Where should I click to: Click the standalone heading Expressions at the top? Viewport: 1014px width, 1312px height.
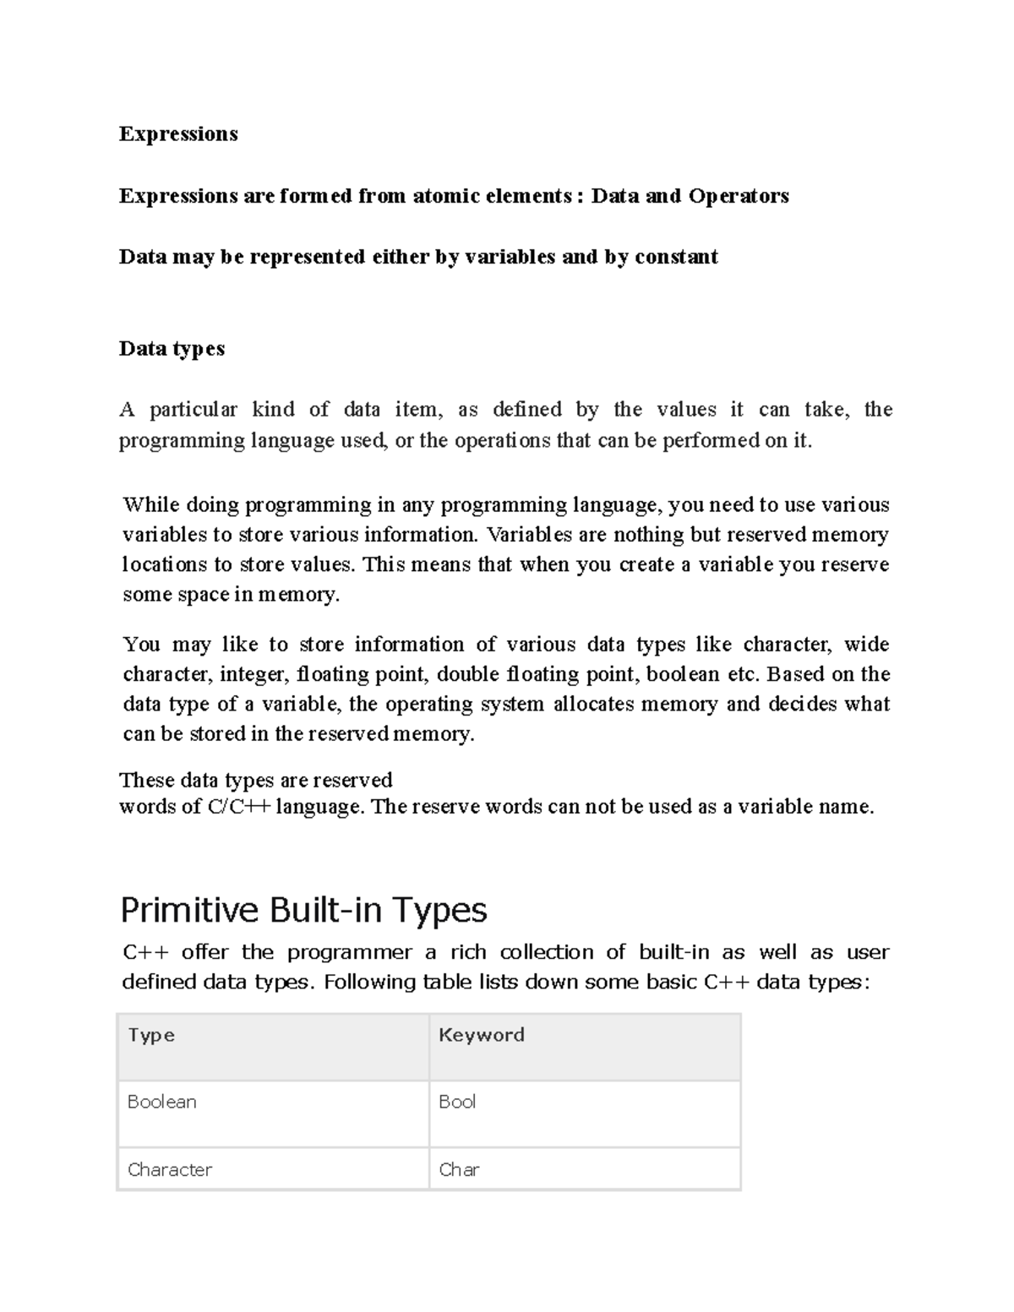178,134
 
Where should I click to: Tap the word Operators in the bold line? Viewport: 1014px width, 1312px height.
739,196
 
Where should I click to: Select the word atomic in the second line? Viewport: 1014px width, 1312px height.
445,196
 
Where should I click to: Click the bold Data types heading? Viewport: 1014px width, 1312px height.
172,349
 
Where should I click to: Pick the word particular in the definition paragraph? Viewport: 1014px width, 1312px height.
194,410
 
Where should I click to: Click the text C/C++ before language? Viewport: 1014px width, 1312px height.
239,807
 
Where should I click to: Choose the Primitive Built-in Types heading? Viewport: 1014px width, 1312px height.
303,911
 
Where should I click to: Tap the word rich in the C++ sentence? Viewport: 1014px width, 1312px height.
468,952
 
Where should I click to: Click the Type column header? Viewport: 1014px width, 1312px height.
151,1035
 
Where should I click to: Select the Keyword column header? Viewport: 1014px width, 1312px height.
482,1035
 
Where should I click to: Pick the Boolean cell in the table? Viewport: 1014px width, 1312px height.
162,1102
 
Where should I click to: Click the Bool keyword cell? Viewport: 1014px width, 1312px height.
457,1102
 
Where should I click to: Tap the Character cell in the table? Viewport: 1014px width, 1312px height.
170,1169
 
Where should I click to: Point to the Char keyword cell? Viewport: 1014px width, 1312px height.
459,1169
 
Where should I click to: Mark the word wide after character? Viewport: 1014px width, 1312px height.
866,645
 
